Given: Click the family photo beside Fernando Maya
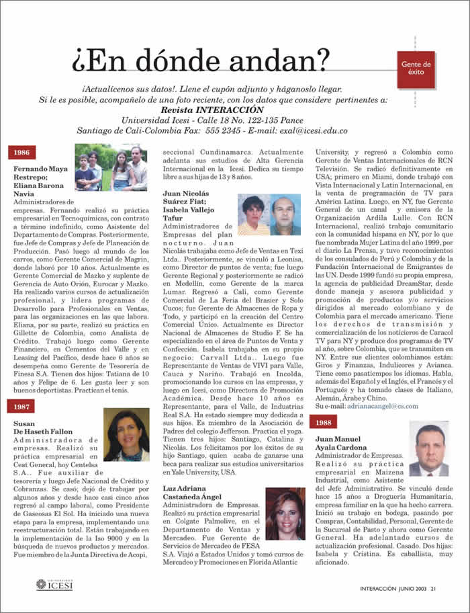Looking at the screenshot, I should [110, 167].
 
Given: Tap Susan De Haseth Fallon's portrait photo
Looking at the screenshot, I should [126, 434].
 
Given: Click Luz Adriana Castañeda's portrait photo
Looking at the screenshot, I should [285, 514].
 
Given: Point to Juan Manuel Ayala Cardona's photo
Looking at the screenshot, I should [428, 449].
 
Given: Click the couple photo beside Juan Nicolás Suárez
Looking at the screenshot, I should [269, 214].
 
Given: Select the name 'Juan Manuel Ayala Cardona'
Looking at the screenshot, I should [343, 443].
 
